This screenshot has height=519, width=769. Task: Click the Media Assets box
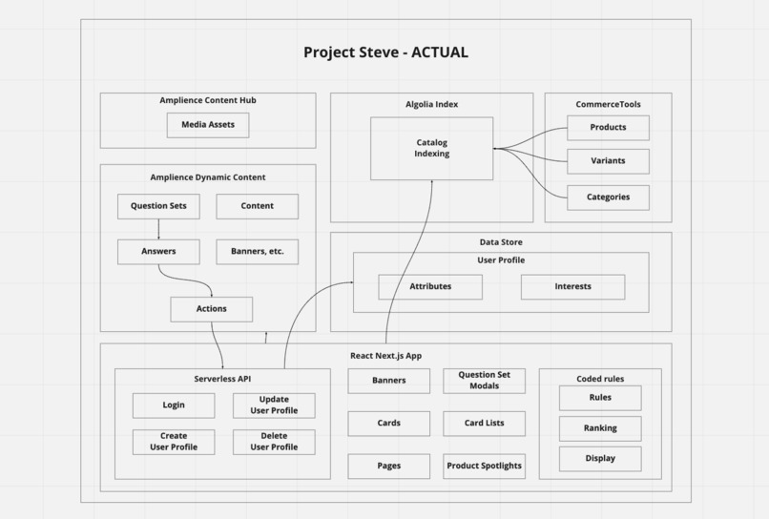pyautogui.click(x=208, y=125)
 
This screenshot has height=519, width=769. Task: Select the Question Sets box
pyautogui.click(x=158, y=206)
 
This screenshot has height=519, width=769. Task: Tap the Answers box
pyautogui.click(x=158, y=252)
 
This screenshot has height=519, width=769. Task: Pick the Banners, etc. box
pyautogui.click(x=257, y=252)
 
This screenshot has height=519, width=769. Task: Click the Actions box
pyautogui.click(x=211, y=309)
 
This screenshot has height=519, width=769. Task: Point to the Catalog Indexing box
pyautogui.click(x=431, y=148)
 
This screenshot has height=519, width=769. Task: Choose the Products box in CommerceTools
pyautogui.click(x=608, y=128)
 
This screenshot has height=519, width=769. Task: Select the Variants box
pyautogui.click(x=608, y=161)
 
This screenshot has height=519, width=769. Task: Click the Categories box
pyautogui.click(x=608, y=197)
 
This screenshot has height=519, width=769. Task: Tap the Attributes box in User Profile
pyautogui.click(x=430, y=286)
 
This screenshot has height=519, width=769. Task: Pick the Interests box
pyautogui.click(x=572, y=286)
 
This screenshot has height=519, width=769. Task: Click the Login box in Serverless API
pyautogui.click(x=174, y=405)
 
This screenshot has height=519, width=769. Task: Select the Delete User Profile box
pyautogui.click(x=274, y=442)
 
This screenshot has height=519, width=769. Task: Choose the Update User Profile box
pyautogui.click(x=274, y=405)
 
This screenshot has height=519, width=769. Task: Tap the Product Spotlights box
pyautogui.click(x=484, y=466)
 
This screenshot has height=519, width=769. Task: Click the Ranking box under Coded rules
pyautogui.click(x=600, y=428)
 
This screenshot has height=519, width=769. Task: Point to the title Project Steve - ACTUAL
pyautogui.click(x=385, y=52)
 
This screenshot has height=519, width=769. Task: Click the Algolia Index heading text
pyautogui.click(x=431, y=104)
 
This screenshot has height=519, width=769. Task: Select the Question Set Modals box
pyautogui.click(x=484, y=381)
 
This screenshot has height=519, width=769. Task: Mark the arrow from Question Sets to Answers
pyautogui.click(x=158, y=229)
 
